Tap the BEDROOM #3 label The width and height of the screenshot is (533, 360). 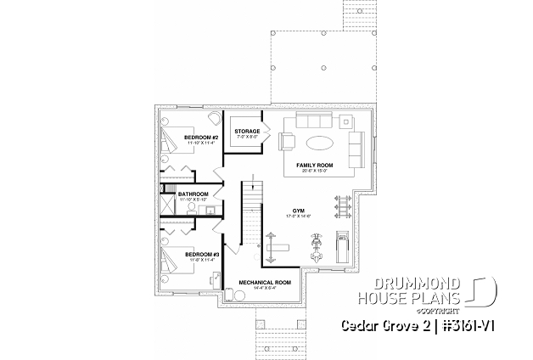[202, 254]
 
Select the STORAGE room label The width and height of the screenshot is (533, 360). [247, 132]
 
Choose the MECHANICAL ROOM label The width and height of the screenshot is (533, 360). [265, 282]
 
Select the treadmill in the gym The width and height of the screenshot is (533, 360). [343, 247]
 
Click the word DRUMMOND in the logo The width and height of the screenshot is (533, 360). [407, 284]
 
